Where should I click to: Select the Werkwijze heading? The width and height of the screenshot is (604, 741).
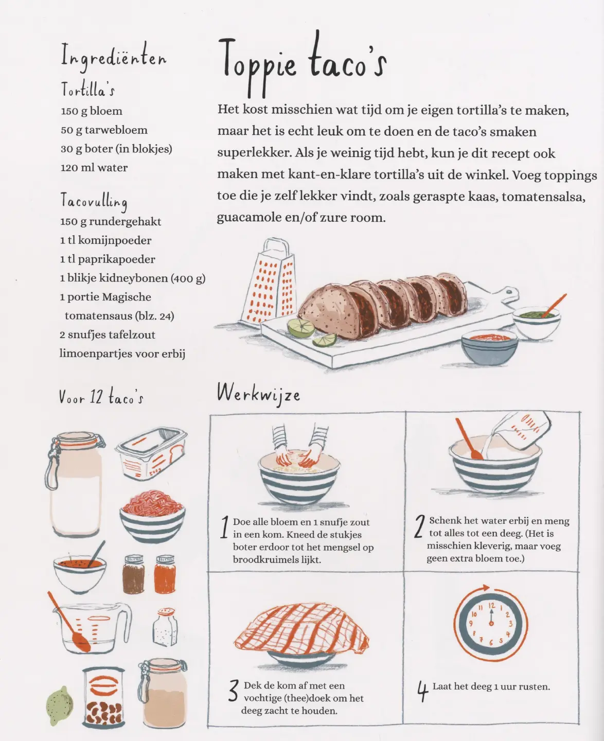tap(258, 394)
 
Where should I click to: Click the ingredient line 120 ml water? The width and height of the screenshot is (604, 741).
tap(94, 168)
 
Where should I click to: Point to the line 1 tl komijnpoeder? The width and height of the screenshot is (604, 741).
tap(105, 241)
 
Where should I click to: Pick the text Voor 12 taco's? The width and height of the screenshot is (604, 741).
tap(101, 397)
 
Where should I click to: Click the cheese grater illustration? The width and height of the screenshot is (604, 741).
tap(268, 281)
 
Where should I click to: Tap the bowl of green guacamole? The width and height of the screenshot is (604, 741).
tap(537, 319)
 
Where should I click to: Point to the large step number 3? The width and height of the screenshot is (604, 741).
tap(233, 691)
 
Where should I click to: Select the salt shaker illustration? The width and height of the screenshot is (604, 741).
tap(165, 627)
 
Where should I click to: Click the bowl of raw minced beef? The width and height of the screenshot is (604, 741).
tap(152, 517)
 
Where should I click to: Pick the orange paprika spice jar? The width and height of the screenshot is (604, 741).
tap(165, 574)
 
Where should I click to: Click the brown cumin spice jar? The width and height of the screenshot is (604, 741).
tap(134, 574)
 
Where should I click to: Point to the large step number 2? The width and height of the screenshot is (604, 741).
tap(419, 526)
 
